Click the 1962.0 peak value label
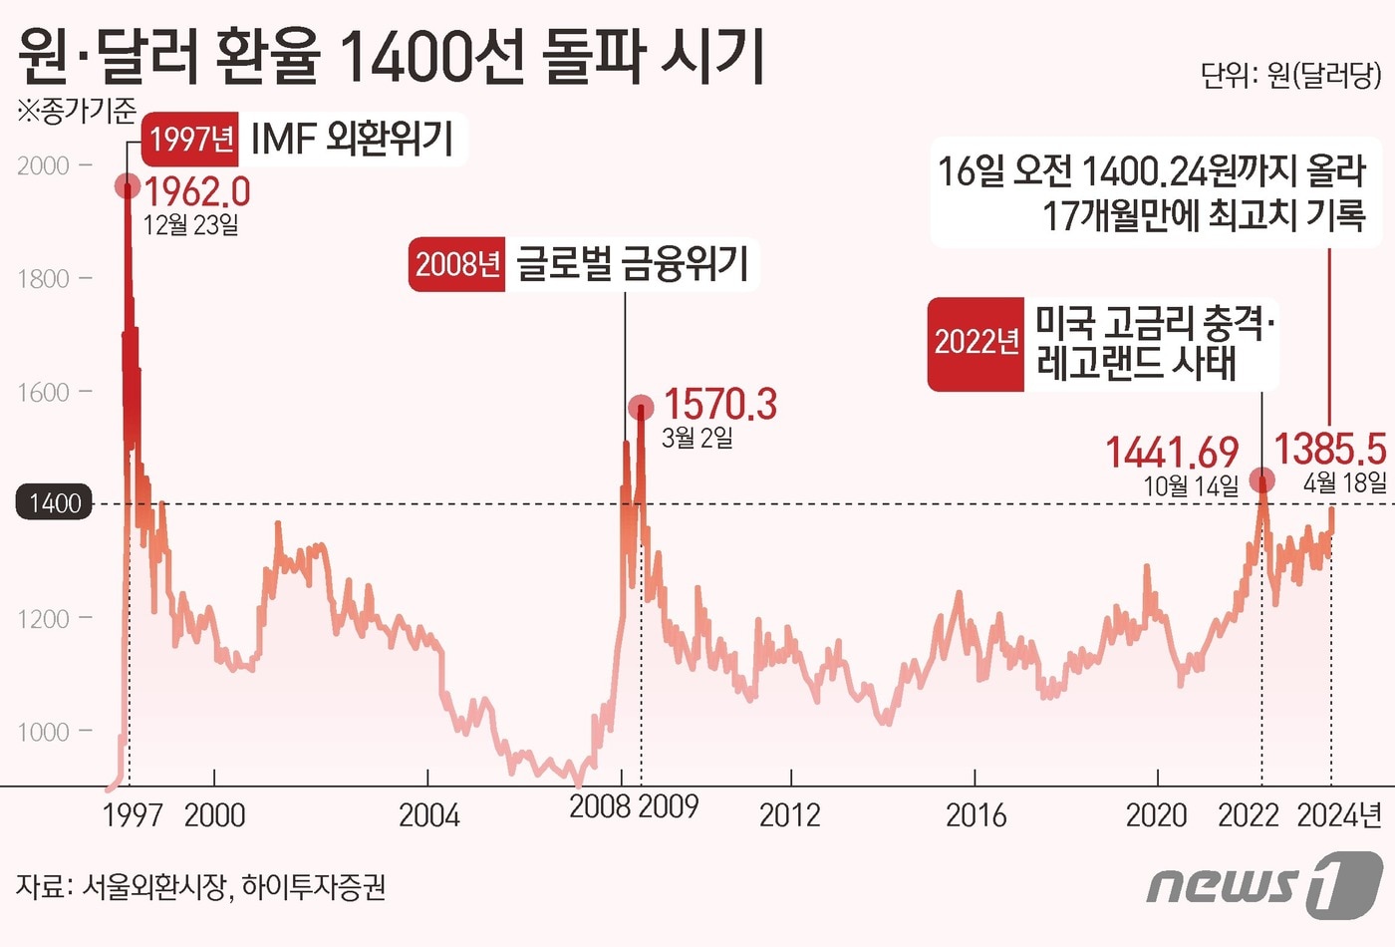click(x=197, y=191)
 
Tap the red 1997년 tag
click(x=191, y=139)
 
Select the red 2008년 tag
click(x=457, y=264)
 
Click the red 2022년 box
click(x=976, y=343)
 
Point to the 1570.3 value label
click(x=719, y=405)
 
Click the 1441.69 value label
click(x=1172, y=453)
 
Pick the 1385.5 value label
click(x=1330, y=450)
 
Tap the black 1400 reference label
click(x=54, y=502)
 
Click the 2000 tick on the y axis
click(x=44, y=165)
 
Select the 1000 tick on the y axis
click(x=44, y=732)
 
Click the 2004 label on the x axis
click(x=428, y=815)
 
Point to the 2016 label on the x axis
click(x=976, y=815)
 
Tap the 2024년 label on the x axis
click(x=1338, y=815)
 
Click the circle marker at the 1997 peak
click(x=127, y=185)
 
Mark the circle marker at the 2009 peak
click(x=641, y=407)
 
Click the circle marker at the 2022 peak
click(x=1261, y=480)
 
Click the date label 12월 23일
click(x=191, y=225)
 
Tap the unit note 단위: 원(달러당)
click(x=1290, y=76)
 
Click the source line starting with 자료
click(x=200, y=886)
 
